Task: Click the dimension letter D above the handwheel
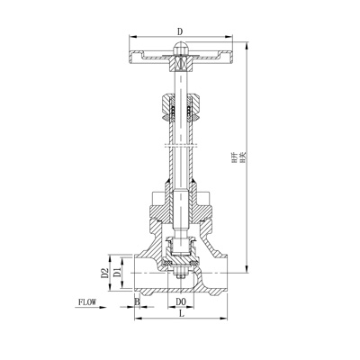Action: (x=182, y=30)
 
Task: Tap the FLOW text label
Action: (x=88, y=303)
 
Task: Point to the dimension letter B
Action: (x=137, y=301)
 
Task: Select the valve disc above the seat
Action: (x=181, y=244)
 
